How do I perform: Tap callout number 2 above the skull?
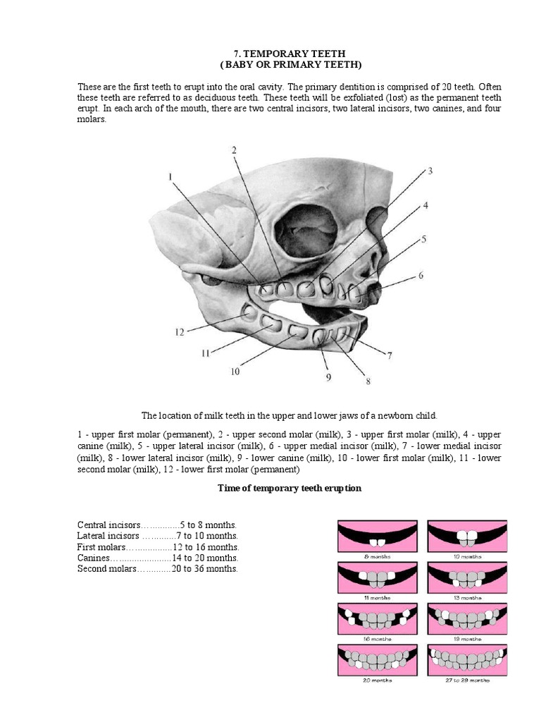point(233,149)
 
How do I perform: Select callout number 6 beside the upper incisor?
point(421,276)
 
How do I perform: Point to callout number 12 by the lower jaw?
point(180,331)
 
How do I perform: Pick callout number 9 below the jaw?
point(328,377)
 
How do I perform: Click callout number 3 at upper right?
point(429,171)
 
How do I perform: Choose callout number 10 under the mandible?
point(235,371)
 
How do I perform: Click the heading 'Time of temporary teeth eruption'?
point(290,488)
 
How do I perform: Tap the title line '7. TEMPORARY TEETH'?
point(290,54)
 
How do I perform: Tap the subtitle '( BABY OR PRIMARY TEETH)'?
point(290,65)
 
